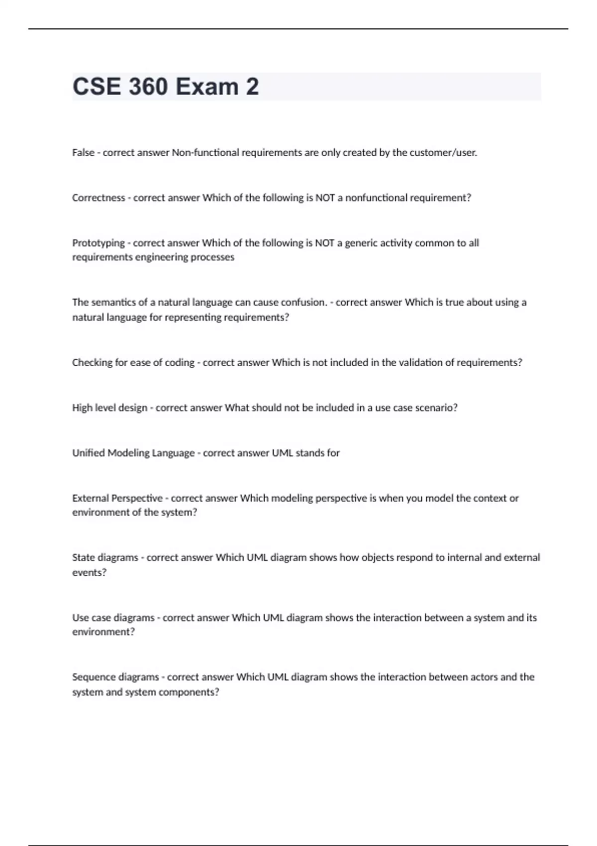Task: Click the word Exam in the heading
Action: coord(206,87)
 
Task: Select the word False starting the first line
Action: coord(83,153)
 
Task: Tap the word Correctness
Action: coord(99,198)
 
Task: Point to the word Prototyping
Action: coord(99,243)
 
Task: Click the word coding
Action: coord(180,363)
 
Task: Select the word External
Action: coord(92,498)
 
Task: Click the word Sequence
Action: coord(95,677)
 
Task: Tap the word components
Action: coord(193,692)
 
